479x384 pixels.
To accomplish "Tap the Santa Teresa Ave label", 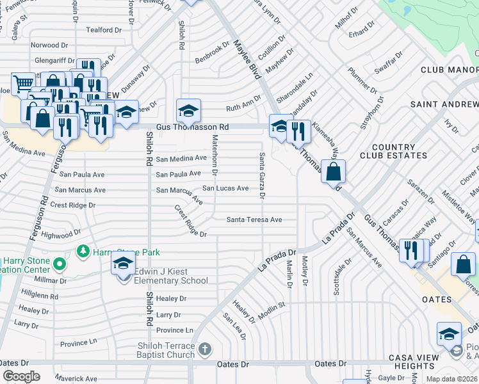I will (x=254, y=220).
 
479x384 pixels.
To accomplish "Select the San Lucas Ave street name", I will (x=225, y=188).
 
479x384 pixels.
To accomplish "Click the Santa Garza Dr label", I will (x=262, y=175).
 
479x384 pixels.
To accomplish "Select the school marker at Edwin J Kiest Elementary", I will (x=123, y=264).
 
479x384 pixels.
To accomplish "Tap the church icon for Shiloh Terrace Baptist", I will (x=204, y=349).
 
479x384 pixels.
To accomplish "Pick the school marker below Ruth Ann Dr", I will (x=188, y=111).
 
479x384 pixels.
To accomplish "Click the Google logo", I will (x=21, y=376).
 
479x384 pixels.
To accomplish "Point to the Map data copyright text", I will (x=452, y=379).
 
